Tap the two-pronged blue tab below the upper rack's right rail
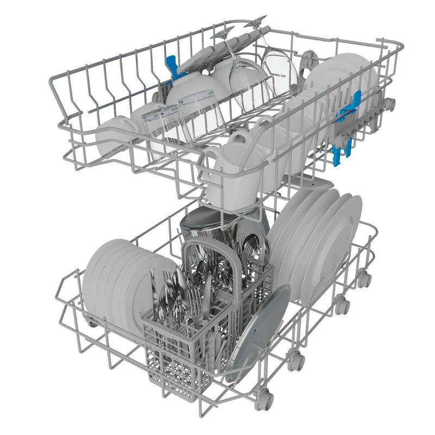pyautogui.click(x=344, y=142)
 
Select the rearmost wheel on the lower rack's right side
pyautogui.click(x=365, y=279)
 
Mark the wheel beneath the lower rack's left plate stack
pyautogui.click(x=93, y=320)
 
